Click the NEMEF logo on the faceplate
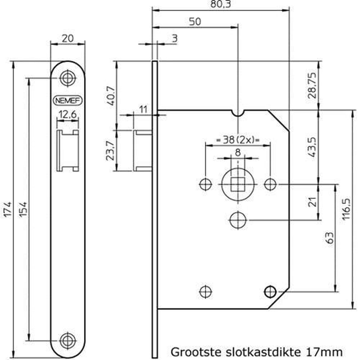tap(68, 100)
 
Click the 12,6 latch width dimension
tap(67, 115)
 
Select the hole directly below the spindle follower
tap(238, 220)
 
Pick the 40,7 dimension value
tap(111, 96)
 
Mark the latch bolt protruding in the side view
tap(143, 151)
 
